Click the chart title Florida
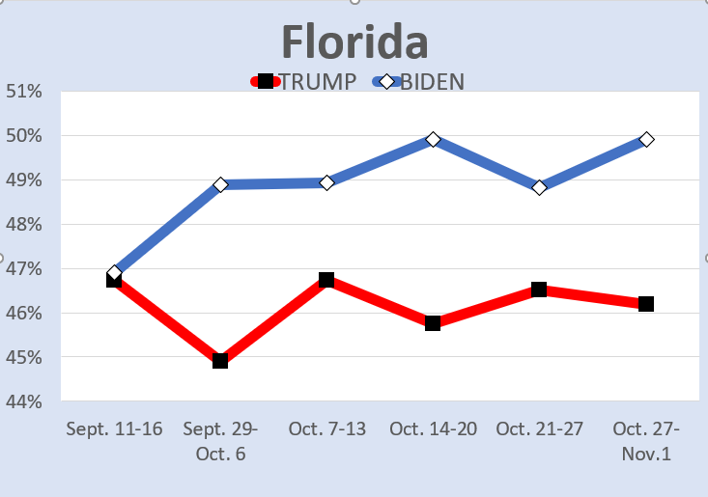[x=354, y=42]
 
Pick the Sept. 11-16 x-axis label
[x=114, y=428]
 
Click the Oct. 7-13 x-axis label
[x=326, y=428]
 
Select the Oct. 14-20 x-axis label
[x=433, y=428]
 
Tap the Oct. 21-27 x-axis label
[x=539, y=428]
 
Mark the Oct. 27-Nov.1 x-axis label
[x=646, y=440]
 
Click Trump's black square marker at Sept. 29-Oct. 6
[x=220, y=361]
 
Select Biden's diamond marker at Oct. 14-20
[x=433, y=140]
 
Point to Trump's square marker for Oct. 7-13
[x=326, y=280]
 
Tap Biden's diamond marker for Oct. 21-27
[x=539, y=187]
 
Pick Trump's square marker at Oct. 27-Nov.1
[x=646, y=304]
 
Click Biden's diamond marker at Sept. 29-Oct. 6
[x=220, y=184]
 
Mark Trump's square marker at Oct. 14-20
[x=433, y=323]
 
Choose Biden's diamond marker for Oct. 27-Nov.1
[x=646, y=140]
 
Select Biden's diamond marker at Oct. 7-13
[x=326, y=182]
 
